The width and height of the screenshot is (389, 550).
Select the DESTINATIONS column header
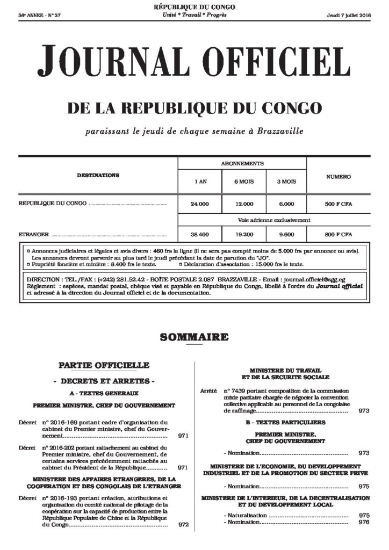click(98, 175)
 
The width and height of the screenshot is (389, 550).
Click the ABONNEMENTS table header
click(242, 163)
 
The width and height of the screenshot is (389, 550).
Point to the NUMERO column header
click(338, 176)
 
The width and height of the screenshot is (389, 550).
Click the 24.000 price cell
click(199, 204)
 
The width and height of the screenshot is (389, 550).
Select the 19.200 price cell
click(243, 235)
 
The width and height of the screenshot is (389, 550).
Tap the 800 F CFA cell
click(338, 235)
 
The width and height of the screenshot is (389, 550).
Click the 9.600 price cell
click(286, 235)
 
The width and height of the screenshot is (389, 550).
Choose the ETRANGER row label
click(34, 235)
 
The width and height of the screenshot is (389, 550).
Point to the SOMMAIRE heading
click(194, 338)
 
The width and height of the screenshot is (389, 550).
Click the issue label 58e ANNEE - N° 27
click(40, 14)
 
